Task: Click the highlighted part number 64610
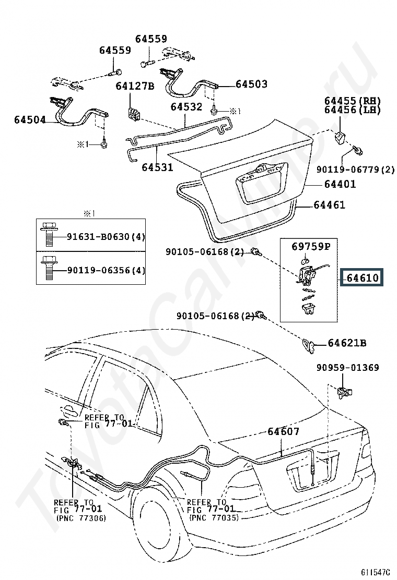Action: click(363, 277)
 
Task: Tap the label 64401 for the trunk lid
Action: click(340, 184)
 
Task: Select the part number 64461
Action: click(329, 204)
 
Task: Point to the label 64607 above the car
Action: click(283, 431)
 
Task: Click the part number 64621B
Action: click(347, 343)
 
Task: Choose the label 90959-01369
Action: click(348, 367)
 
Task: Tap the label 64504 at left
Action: click(30, 119)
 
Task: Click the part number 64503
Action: click(251, 84)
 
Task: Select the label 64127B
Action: click(135, 86)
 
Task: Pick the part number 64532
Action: click(186, 106)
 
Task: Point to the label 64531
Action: click(157, 167)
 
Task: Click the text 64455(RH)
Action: click(353, 101)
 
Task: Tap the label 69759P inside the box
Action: click(311, 246)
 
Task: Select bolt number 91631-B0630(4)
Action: click(106, 236)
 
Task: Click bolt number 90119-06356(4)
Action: click(106, 270)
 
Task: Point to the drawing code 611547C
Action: click(376, 573)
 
